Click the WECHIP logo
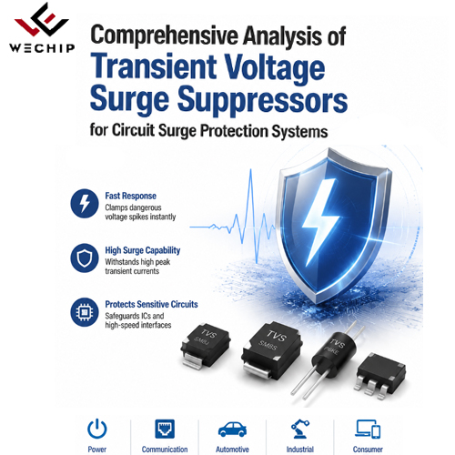click(x=42, y=28)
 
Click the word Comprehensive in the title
click(x=165, y=36)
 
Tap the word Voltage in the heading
click(x=275, y=68)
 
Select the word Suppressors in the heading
click(x=263, y=99)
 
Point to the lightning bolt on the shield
click(x=322, y=221)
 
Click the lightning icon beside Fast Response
click(x=85, y=203)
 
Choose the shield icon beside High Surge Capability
click(x=85, y=258)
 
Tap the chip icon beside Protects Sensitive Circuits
click(x=85, y=312)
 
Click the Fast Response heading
click(x=131, y=196)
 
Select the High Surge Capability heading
click(x=143, y=250)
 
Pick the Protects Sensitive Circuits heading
click(x=151, y=304)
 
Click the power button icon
click(x=97, y=429)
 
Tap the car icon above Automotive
click(x=232, y=430)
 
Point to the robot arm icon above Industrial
click(x=300, y=429)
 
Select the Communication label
click(x=165, y=450)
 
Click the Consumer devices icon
click(x=368, y=429)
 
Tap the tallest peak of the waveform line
click(x=251, y=169)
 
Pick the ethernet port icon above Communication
click(x=165, y=429)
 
